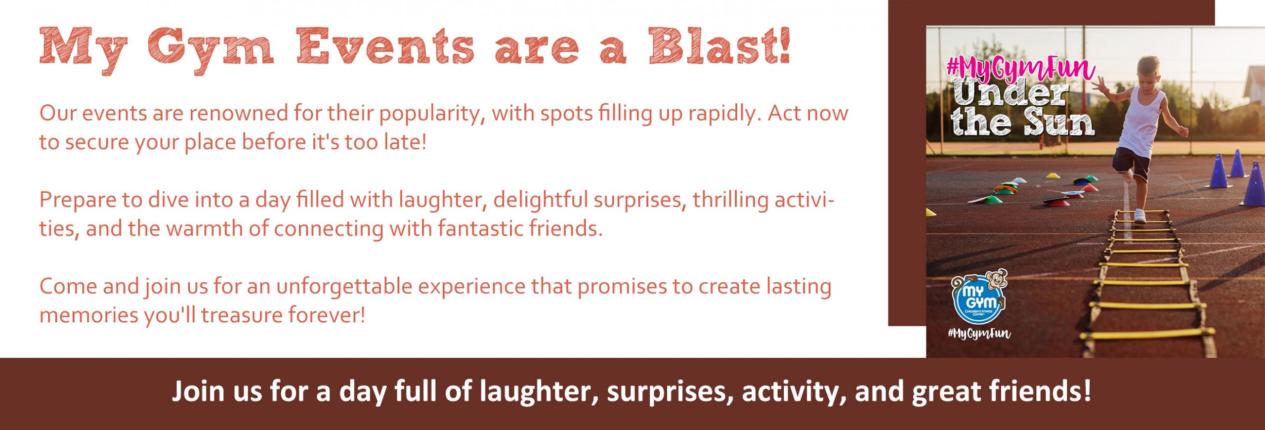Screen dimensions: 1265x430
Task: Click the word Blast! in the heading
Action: [719, 46]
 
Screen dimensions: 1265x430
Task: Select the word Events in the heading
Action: [385, 46]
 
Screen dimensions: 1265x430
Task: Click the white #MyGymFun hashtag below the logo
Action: [979, 334]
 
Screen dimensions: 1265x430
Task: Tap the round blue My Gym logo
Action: [978, 300]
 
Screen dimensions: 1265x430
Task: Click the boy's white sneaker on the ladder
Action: [1139, 215]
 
